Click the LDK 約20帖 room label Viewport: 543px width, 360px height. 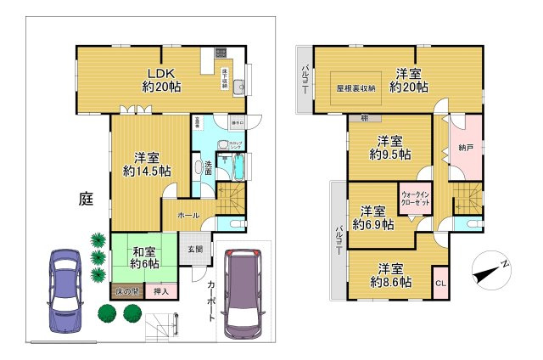click(x=160, y=80)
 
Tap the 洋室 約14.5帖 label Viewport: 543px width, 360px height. click(x=147, y=164)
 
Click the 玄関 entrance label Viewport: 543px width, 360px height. click(x=194, y=250)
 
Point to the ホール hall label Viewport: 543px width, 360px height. click(x=188, y=217)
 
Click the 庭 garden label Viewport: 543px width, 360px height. click(x=86, y=200)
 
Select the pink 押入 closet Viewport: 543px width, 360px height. click(x=160, y=292)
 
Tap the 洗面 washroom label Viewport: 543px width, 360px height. click(x=205, y=166)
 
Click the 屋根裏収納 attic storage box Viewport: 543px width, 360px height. click(x=355, y=87)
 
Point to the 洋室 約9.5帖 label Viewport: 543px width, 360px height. click(x=389, y=147)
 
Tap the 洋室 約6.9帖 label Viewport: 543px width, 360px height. click(x=374, y=217)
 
